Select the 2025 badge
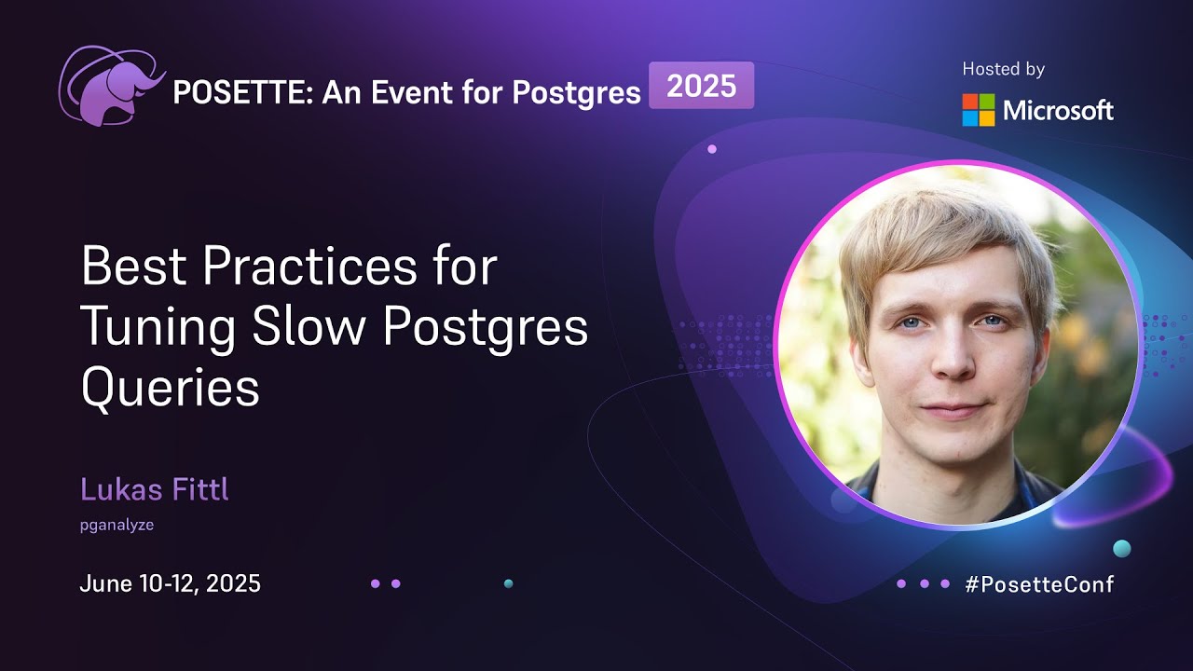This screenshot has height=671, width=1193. (x=701, y=87)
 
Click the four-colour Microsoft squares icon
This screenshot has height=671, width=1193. (x=979, y=110)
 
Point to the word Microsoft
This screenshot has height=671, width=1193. (x=1058, y=111)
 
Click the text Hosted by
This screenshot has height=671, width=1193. (x=1003, y=69)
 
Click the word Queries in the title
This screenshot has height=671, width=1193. (x=170, y=388)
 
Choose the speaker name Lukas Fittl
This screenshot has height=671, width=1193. (x=154, y=489)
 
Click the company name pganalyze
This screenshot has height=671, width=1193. (x=117, y=525)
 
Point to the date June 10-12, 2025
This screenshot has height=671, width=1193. (x=170, y=584)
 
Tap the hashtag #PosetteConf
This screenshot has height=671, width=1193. (x=1039, y=584)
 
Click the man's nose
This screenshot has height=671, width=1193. (x=951, y=359)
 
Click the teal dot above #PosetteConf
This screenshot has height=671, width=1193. (x=1122, y=549)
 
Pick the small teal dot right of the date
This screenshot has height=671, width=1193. (x=508, y=583)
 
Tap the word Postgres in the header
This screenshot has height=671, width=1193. (x=584, y=93)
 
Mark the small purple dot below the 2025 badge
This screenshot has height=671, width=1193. (x=712, y=149)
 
